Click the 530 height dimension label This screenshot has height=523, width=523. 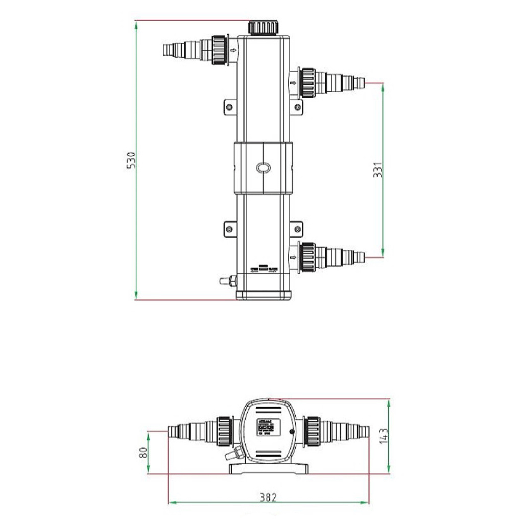(131, 160)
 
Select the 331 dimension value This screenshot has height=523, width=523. (377, 170)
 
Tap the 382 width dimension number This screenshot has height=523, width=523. (268, 496)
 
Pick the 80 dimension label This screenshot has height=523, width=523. (143, 453)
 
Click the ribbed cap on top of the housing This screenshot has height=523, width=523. (263, 27)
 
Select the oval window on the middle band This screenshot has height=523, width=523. (263, 168)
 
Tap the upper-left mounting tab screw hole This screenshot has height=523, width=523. (229, 107)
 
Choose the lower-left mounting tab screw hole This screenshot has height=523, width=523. (229, 230)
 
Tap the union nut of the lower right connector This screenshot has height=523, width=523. (307, 257)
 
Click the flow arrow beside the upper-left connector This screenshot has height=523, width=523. (233, 50)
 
